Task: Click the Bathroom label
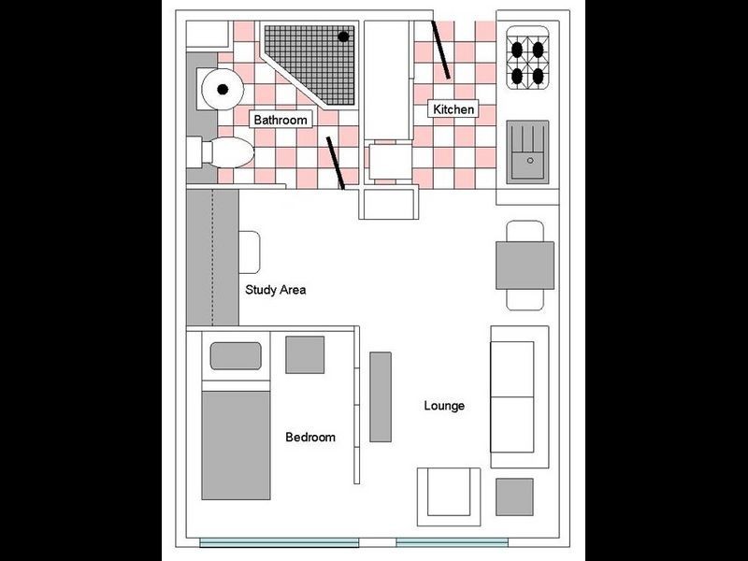[x=280, y=120]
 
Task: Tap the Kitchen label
[x=453, y=109]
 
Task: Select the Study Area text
[x=275, y=290]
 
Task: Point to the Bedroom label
[x=310, y=437]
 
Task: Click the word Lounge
[x=444, y=406]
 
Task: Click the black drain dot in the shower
[x=343, y=36]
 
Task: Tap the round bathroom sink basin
[x=223, y=89]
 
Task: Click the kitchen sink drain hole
[x=530, y=161]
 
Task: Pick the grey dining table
[x=525, y=266]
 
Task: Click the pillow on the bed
[x=236, y=356]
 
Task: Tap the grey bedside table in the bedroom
[x=305, y=355]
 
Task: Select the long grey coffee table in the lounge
[x=381, y=396]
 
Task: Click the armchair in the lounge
[x=449, y=496]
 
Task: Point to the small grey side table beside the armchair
[x=514, y=497]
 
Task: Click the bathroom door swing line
[x=336, y=163]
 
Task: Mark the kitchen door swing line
[x=440, y=50]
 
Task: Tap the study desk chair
[x=250, y=252]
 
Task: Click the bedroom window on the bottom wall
[x=279, y=542]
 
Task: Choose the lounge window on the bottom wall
[x=453, y=542]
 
